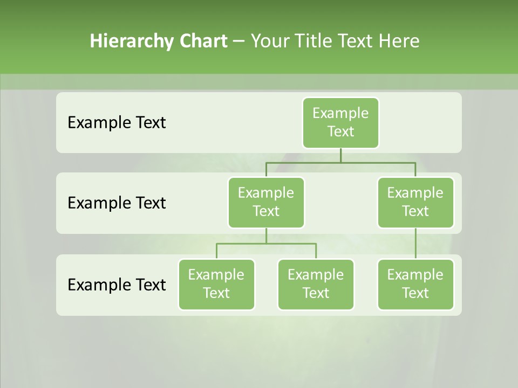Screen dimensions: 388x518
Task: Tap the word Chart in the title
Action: click(x=203, y=41)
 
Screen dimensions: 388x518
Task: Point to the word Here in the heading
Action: click(x=399, y=41)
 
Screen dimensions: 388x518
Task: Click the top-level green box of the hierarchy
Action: click(x=340, y=122)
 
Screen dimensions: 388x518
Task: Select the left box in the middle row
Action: click(x=266, y=202)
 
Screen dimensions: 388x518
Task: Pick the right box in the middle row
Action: click(x=415, y=202)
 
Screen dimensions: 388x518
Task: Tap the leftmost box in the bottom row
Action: click(x=216, y=284)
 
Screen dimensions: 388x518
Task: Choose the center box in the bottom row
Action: click(x=316, y=284)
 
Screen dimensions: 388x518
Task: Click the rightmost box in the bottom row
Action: click(x=415, y=284)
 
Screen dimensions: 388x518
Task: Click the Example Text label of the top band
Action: click(x=117, y=123)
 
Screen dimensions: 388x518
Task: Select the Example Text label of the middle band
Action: click(x=117, y=203)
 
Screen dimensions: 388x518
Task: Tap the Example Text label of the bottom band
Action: click(x=117, y=285)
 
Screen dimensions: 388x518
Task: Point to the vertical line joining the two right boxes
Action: click(x=415, y=243)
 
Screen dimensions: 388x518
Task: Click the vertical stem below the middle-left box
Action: click(x=266, y=235)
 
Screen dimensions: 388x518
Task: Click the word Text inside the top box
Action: click(x=340, y=131)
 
